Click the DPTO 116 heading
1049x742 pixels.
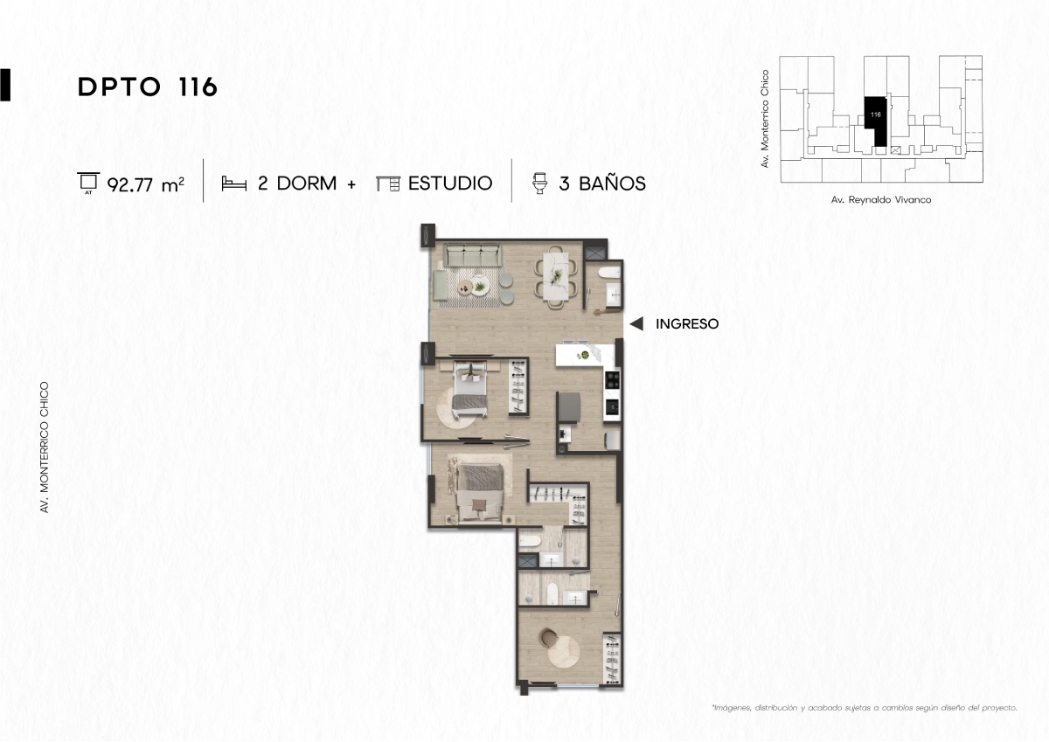click(x=148, y=87)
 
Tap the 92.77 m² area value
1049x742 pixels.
click(x=146, y=185)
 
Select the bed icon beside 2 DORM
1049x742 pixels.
click(x=233, y=184)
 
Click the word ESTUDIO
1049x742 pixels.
click(x=450, y=183)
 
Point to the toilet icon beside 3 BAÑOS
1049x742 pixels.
click(x=540, y=183)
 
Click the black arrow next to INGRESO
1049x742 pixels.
click(x=636, y=323)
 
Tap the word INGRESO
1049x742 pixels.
click(x=687, y=324)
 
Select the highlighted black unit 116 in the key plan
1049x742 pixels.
click(x=876, y=121)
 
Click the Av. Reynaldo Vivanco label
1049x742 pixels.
click(x=881, y=200)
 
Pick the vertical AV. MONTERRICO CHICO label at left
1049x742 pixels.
click(x=45, y=447)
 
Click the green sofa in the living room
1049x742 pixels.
click(x=473, y=254)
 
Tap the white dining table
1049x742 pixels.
click(x=556, y=275)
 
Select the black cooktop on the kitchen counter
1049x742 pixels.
click(x=612, y=379)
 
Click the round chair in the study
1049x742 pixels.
click(x=547, y=637)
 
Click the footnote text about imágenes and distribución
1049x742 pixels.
click(x=865, y=708)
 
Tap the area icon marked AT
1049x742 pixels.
click(x=88, y=183)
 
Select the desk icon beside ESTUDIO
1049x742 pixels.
click(x=388, y=184)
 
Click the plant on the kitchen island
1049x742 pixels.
click(x=585, y=356)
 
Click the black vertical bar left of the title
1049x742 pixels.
click(x=5, y=85)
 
